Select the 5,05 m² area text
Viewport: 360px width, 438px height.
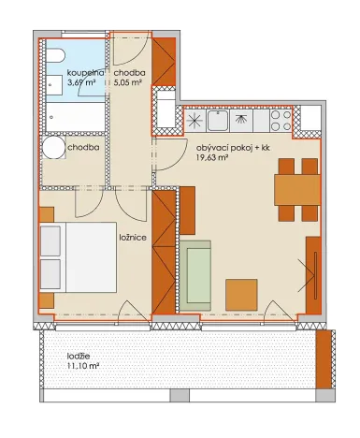point(129,82)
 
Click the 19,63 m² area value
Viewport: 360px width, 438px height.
point(213,158)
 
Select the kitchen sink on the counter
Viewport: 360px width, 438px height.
point(219,121)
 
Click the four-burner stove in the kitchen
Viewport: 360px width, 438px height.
point(280,121)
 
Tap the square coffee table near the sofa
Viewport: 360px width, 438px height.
point(242,294)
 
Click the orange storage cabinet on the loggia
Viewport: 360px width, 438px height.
point(324,358)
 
